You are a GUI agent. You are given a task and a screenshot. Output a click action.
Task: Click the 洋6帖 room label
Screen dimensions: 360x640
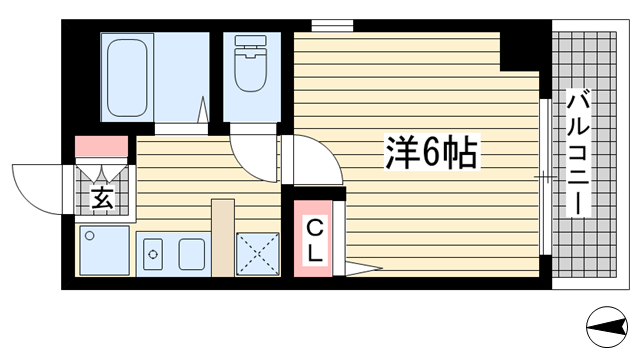[429, 152]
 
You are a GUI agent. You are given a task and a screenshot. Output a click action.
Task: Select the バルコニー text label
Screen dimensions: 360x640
[576, 151]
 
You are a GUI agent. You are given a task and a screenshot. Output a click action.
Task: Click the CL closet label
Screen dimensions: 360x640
[314, 240]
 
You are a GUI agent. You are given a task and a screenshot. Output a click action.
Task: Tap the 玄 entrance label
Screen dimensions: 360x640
[102, 197]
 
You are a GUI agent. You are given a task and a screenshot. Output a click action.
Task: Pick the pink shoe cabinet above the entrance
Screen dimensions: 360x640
[102, 146]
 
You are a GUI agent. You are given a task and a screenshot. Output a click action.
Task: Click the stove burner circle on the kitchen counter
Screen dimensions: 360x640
[153, 255]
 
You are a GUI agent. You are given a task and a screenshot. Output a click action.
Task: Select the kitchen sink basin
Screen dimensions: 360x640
[191, 255]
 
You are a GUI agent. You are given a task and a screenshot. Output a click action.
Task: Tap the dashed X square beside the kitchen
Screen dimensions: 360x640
[257, 254]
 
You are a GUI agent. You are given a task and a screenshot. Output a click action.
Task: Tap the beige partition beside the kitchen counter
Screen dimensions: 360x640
[222, 238]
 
